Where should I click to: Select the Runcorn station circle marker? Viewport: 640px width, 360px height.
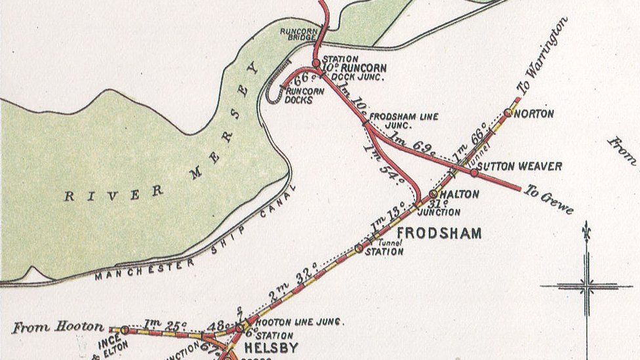(316, 64)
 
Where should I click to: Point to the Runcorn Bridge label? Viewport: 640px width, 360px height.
(298, 35)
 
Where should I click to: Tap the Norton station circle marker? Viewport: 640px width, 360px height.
(508, 113)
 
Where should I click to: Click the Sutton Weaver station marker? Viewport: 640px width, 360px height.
(474, 173)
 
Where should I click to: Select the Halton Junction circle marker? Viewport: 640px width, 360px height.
(433, 194)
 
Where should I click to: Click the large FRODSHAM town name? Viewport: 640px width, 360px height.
(439, 233)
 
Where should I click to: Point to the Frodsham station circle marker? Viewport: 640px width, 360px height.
(359, 248)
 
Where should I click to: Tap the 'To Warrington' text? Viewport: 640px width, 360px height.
(542, 56)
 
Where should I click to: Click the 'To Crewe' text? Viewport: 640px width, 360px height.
(548, 199)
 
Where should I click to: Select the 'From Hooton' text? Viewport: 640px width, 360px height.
(58, 326)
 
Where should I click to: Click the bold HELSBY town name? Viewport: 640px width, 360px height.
(271, 348)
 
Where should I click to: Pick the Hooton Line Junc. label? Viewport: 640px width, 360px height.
(298, 322)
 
